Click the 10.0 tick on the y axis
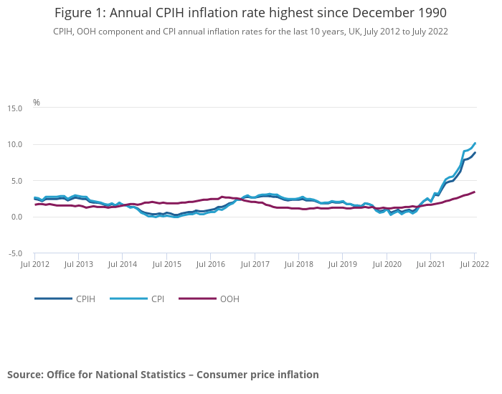pyautogui.click(x=14, y=144)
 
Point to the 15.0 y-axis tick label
pyautogui.click(x=14, y=108)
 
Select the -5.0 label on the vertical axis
pyautogui.click(x=14, y=253)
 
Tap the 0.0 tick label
pyautogui.click(x=16, y=217)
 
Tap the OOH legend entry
pyautogui.click(x=229, y=299)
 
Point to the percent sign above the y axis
pyautogui.click(x=37, y=103)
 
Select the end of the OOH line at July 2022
pyautogui.click(x=475, y=192)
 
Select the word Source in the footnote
pyautogui.click(x=25, y=374)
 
